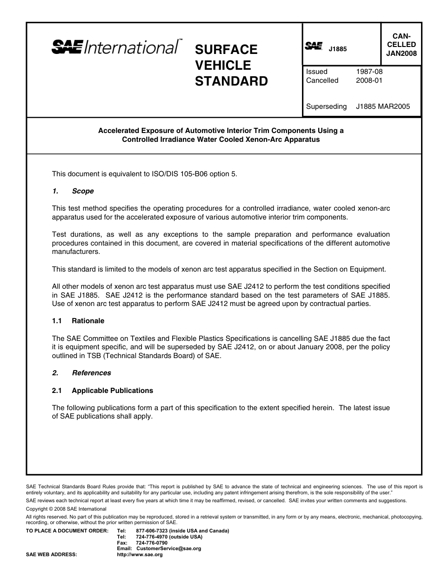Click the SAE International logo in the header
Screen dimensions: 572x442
point(116,47)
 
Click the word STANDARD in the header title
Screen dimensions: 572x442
point(231,81)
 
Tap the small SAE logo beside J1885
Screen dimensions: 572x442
point(314,46)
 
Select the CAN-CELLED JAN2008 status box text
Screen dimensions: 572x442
point(401,45)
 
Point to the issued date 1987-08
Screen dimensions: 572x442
point(369,72)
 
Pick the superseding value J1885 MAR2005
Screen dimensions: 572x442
point(383,106)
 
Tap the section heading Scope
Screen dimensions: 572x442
point(83,191)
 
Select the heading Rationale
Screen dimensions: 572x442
point(88,321)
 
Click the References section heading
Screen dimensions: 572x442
point(91,373)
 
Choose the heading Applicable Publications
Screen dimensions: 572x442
point(112,391)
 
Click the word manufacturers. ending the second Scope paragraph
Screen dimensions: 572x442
point(76,252)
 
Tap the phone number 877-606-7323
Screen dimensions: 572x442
point(152,531)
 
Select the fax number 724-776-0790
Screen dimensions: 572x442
point(152,543)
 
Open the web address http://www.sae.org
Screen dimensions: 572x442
point(140,555)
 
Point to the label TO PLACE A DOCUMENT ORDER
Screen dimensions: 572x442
point(67,531)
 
